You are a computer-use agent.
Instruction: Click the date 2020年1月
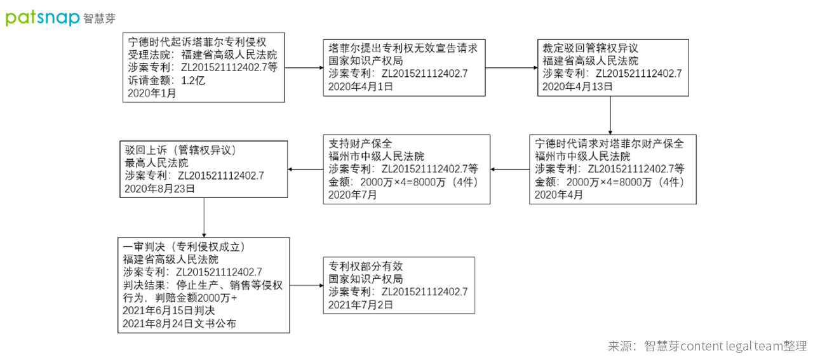pyautogui.click(x=152, y=93)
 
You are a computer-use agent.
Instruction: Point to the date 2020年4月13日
pyautogui.click(x=577, y=86)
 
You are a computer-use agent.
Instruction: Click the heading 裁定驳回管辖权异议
pyautogui.click(x=590, y=48)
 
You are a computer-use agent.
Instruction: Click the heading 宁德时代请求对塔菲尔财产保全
pyautogui.click(x=609, y=143)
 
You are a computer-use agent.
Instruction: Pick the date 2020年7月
pyautogui.click(x=353, y=195)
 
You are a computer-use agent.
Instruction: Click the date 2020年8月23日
pyautogui.click(x=159, y=189)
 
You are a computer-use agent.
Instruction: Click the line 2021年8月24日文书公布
pyautogui.click(x=179, y=323)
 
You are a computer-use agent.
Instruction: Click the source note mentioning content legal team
pyautogui.click(x=707, y=346)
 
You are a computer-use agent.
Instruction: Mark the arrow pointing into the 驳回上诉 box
pyautogui.click(x=306, y=170)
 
